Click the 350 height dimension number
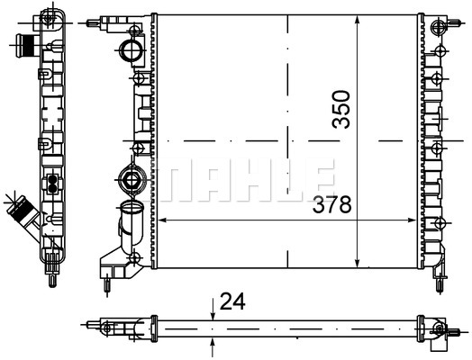pos(341,109)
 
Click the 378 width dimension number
pos(331,204)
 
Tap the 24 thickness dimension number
pos(232,301)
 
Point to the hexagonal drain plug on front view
pos(131,180)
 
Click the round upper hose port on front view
pos(131,49)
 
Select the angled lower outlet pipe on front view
pos(131,226)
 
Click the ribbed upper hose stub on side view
pos(26,46)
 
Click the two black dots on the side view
pos(52,184)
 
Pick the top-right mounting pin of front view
pos(455,22)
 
